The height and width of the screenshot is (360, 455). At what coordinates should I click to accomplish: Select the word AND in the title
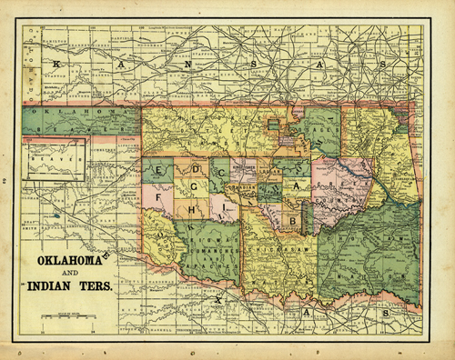click(70, 274)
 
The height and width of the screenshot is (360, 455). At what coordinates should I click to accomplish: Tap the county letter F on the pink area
click(159, 195)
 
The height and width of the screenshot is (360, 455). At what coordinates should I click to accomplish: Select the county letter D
click(195, 170)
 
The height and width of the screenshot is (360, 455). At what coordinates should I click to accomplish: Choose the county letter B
click(292, 220)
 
